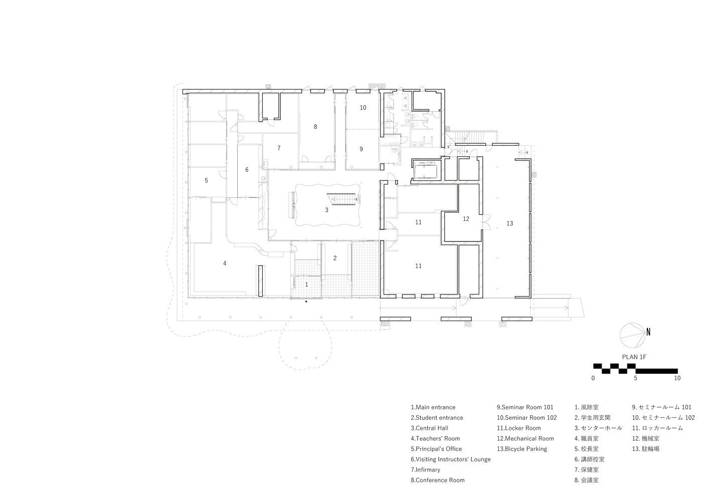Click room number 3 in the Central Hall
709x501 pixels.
[x=326, y=210]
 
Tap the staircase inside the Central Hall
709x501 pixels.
[x=344, y=199]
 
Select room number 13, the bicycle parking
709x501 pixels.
[x=509, y=223]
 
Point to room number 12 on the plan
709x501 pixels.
[x=466, y=218]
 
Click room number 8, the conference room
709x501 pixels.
[x=315, y=127]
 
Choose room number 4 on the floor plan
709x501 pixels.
[x=225, y=263]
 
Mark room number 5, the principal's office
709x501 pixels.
[x=207, y=180]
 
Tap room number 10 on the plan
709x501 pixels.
[x=363, y=108]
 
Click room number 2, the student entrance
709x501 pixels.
[x=335, y=258]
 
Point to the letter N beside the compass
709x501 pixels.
[x=648, y=332]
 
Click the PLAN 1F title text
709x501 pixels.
[x=634, y=357]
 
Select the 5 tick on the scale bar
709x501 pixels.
[x=635, y=378]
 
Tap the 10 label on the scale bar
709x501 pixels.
[x=677, y=378]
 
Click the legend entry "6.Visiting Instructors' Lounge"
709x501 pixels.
[x=451, y=459]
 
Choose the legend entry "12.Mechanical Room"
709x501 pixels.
[x=525, y=438]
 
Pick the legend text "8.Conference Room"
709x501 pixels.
[x=438, y=480]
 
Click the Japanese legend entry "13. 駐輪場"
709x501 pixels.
[x=646, y=449]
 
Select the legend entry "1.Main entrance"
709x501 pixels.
[x=433, y=407]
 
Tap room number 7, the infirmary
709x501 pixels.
[x=279, y=148]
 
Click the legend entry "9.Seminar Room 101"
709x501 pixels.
[x=525, y=407]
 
